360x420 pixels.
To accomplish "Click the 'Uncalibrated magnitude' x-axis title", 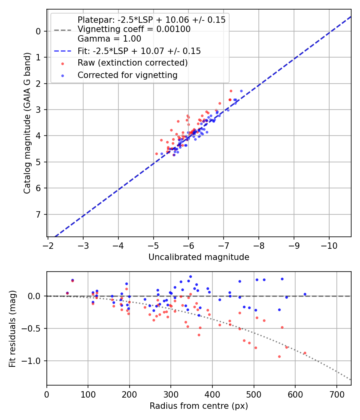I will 199,257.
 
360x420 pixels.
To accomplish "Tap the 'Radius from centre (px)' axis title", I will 199,406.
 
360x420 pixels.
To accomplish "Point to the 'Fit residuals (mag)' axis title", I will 12,328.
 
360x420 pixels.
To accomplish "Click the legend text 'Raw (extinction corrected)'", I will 132,63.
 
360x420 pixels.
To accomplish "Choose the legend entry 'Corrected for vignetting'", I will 127,75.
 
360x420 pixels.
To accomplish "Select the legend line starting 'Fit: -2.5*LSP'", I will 139,51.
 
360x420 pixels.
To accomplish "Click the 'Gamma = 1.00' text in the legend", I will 109,39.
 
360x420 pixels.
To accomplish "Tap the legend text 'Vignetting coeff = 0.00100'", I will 134,29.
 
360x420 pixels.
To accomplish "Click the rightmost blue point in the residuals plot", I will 305,294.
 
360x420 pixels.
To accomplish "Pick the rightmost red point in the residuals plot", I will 305,353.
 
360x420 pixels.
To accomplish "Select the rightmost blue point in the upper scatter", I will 241,91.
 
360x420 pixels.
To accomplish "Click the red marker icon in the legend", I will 62,63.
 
